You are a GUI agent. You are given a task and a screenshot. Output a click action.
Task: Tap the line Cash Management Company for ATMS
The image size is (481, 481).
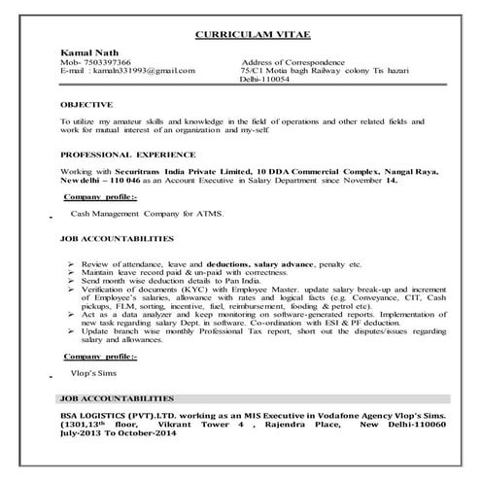pyautogui.click(x=147, y=213)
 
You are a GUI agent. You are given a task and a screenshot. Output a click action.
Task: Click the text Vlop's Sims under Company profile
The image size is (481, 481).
pyautogui.click(x=93, y=373)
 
